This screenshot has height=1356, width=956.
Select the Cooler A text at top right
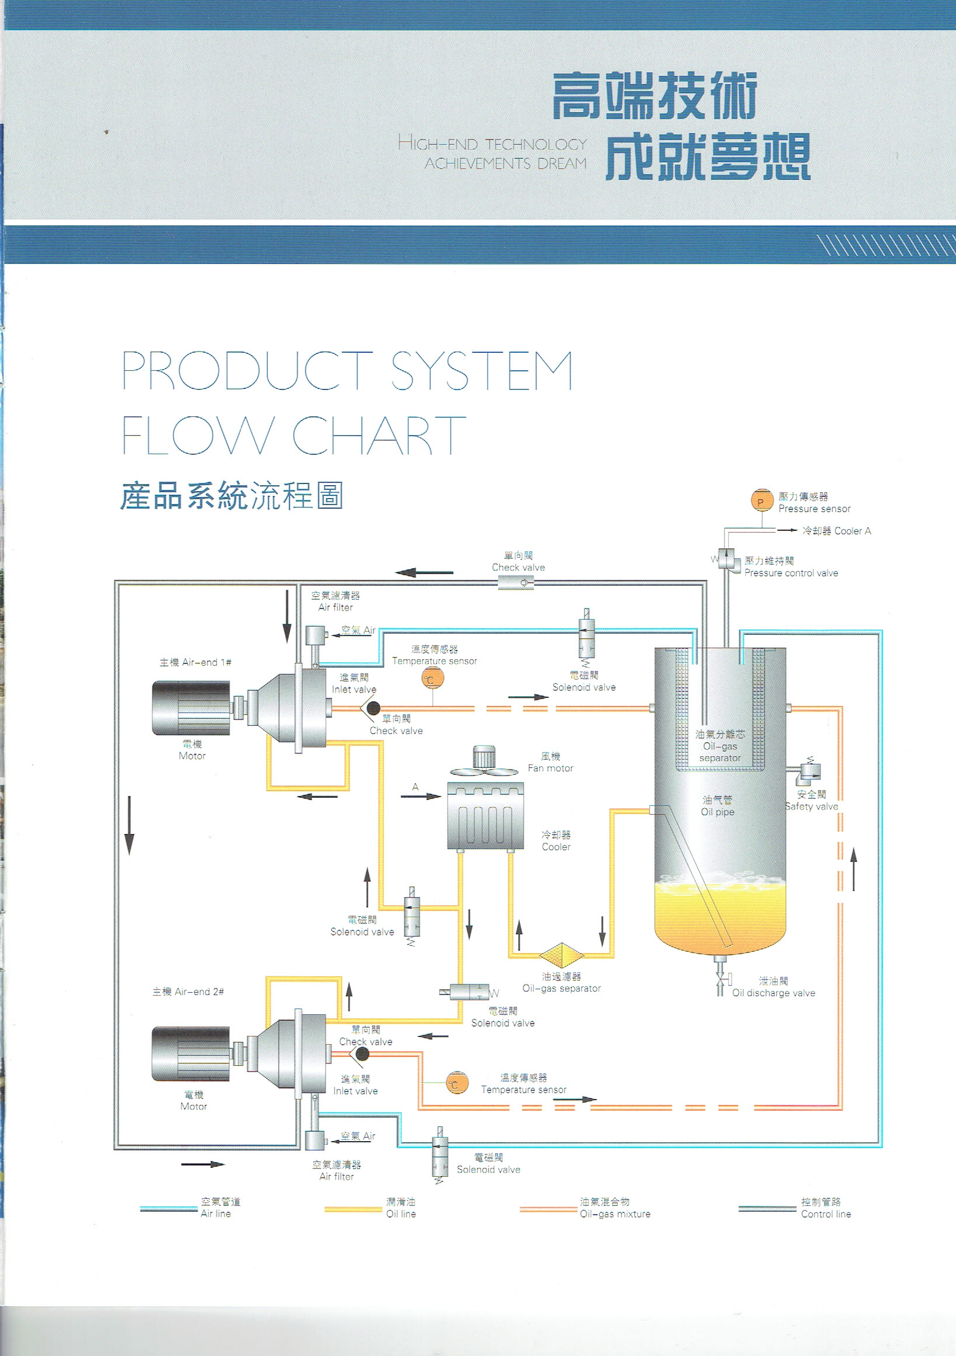point(836,531)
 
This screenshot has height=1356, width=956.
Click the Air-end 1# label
point(195,663)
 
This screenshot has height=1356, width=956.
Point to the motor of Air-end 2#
point(191,1053)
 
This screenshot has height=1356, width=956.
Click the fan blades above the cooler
point(484,771)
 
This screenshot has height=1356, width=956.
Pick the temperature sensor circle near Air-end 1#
point(432,679)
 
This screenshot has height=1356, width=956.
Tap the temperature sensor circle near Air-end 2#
point(457,1083)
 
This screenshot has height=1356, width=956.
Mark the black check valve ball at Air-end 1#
point(373,708)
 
